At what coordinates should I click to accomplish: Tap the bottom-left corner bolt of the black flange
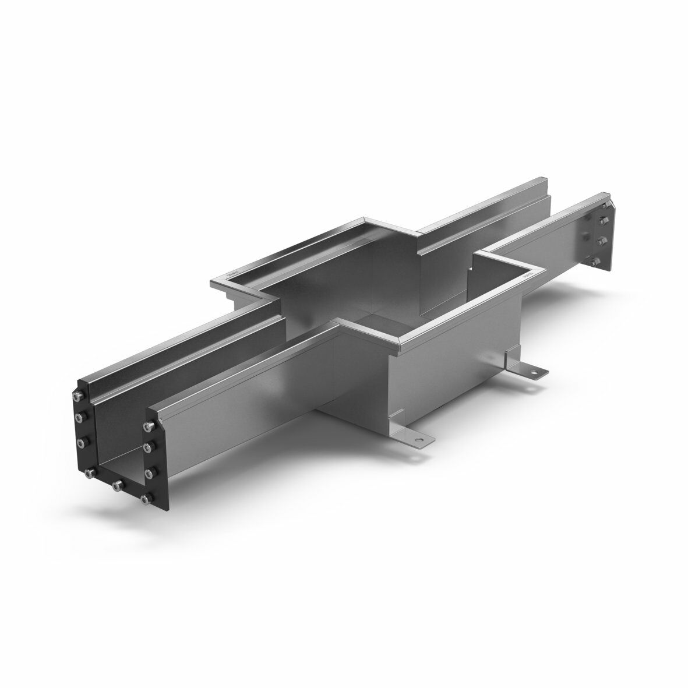[x=88, y=474]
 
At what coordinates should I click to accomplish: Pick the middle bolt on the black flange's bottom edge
[x=117, y=485]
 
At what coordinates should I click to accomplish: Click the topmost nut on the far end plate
[x=602, y=220]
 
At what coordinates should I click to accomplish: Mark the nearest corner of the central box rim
[x=397, y=352]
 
